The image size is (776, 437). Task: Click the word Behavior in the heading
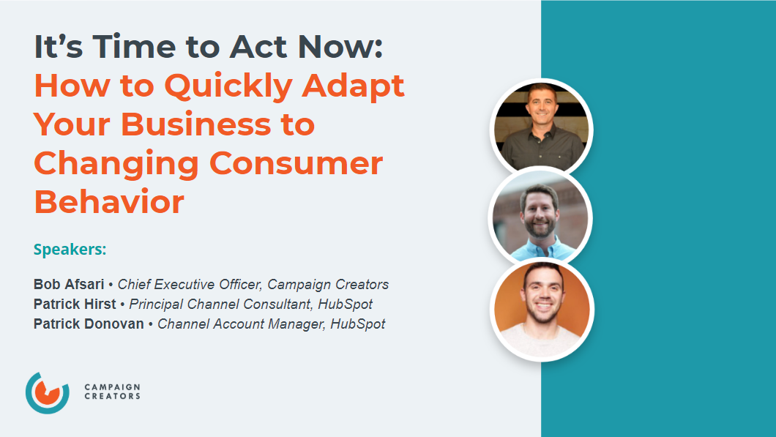108,201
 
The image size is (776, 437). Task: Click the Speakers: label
70,250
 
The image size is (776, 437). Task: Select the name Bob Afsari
69,284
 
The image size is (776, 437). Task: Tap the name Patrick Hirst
75,304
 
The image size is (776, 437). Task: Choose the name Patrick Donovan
89,324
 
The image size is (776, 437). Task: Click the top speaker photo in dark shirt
540,127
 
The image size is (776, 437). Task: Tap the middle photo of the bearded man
540,217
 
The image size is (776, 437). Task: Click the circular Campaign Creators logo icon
47,392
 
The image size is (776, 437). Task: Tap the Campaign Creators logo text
112,392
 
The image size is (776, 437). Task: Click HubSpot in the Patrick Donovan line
357,324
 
